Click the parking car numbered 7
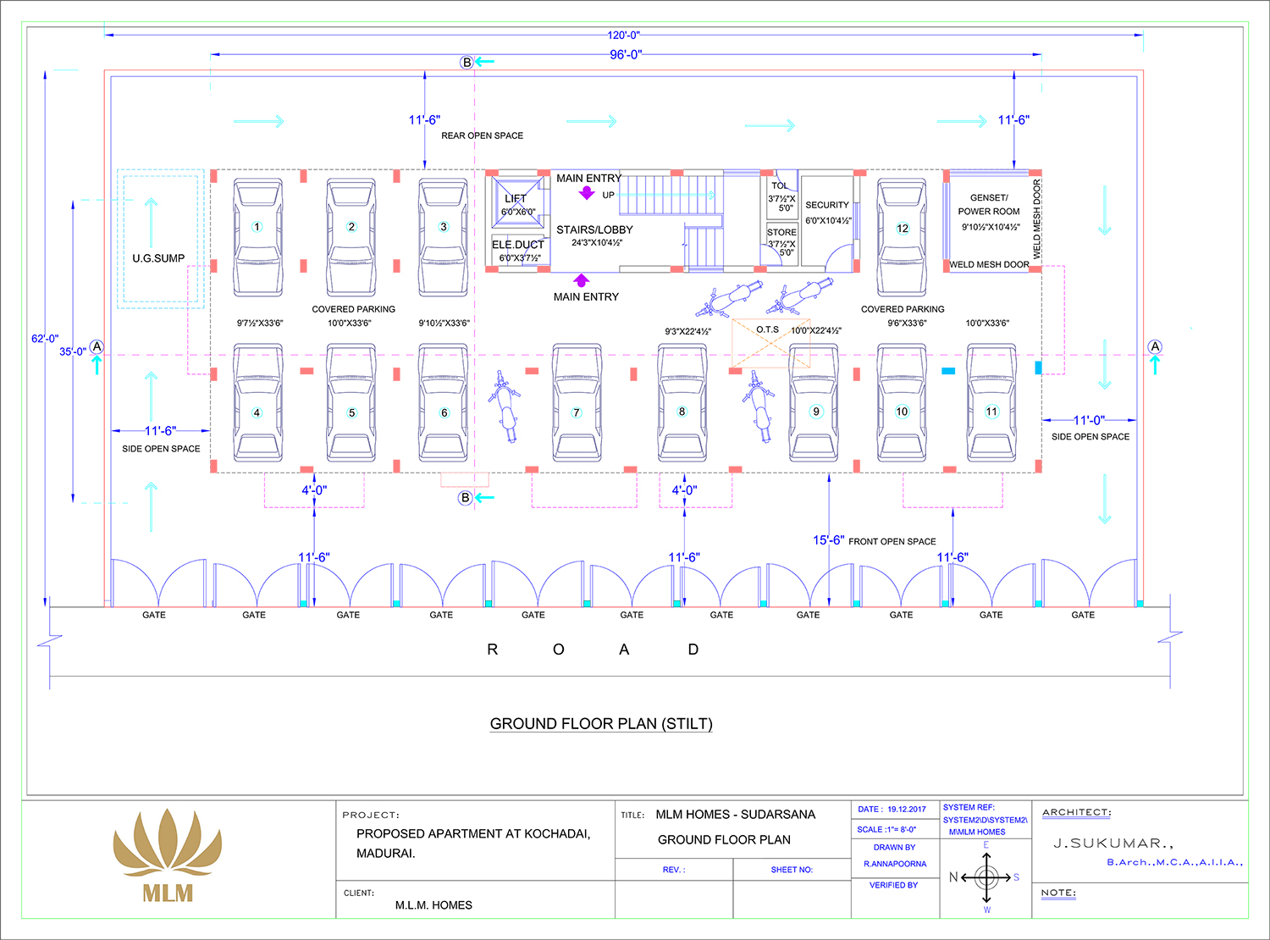tap(577, 404)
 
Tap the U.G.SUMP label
tap(158, 258)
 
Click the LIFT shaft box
tap(516, 203)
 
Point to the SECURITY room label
tap(827, 205)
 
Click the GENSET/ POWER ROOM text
tap(989, 204)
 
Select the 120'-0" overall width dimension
tap(624, 36)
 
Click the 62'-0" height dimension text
tap(45, 339)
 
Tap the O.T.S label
tap(767, 329)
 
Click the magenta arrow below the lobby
tap(582, 280)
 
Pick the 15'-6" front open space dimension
tap(828, 540)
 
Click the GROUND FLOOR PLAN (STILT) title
tap(601, 724)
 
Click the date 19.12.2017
tap(907, 810)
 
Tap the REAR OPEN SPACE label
tap(482, 135)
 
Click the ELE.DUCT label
tap(518, 245)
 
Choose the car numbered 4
tap(257, 404)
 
